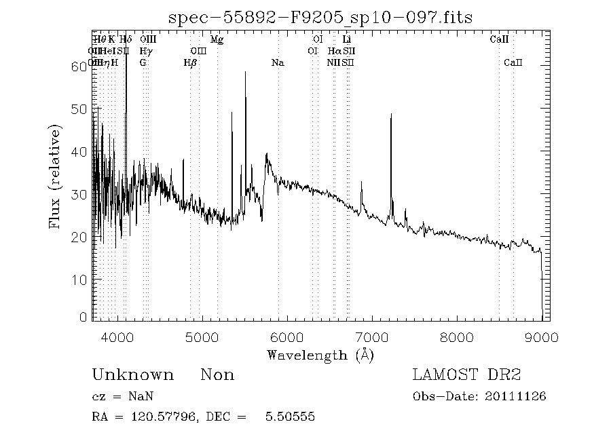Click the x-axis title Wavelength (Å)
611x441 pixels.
[320, 355]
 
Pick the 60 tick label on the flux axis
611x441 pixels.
[79, 66]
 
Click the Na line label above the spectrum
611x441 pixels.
[278, 62]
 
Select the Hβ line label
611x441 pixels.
[190, 62]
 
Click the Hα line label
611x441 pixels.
[334, 51]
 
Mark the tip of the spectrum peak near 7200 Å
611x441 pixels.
[391, 115]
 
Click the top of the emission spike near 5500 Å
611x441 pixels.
[245, 72]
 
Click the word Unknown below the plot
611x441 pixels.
[132, 375]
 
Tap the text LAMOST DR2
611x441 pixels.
[466, 375]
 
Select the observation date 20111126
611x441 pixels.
[515, 396]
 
